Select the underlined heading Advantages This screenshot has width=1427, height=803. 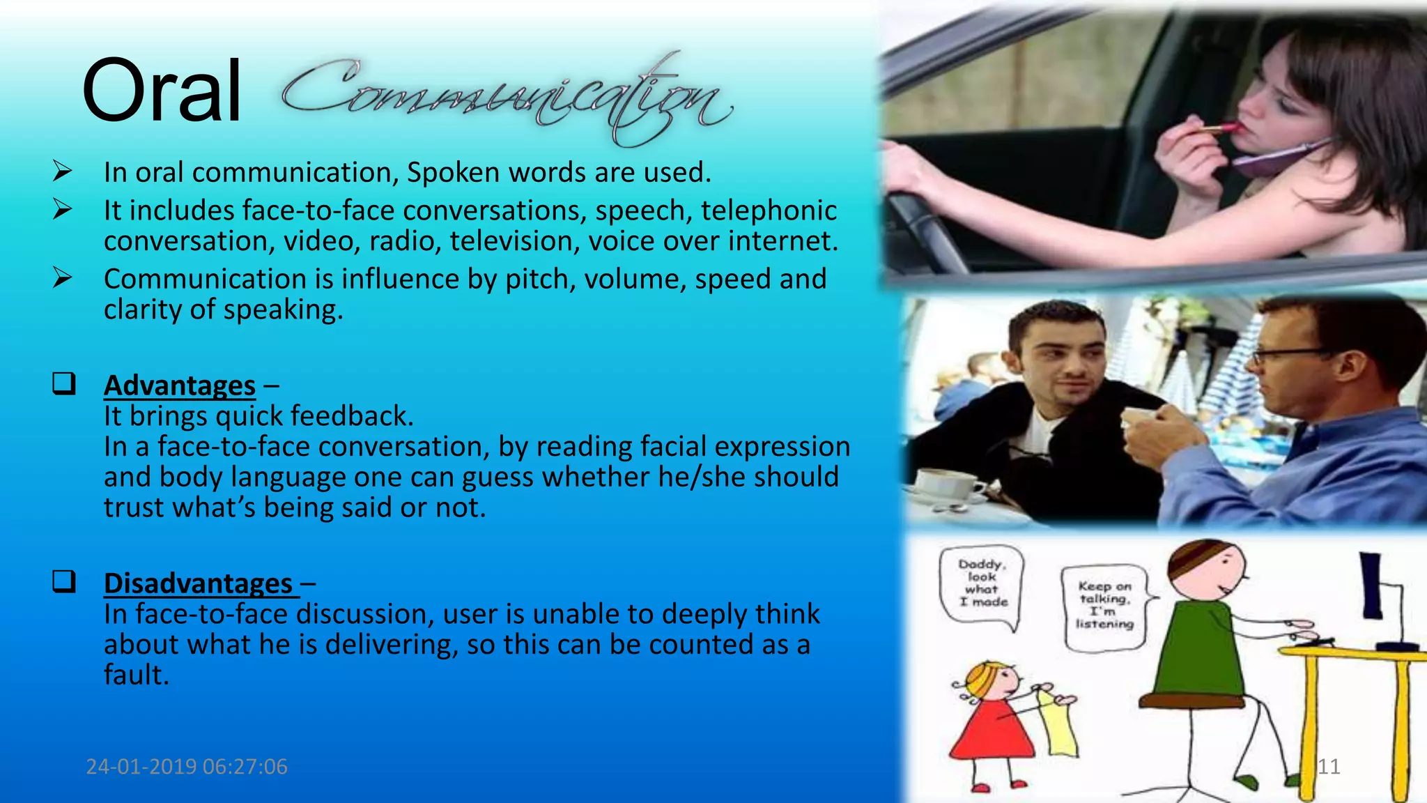pos(180,385)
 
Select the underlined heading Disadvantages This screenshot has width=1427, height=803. pos(199,583)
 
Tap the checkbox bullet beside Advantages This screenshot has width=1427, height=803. pos(64,383)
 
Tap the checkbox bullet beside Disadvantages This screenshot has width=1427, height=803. pos(64,581)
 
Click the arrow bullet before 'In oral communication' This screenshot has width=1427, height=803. pos(62,171)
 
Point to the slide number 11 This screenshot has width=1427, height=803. pos(1329,767)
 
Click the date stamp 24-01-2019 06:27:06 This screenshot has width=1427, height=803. pos(187,767)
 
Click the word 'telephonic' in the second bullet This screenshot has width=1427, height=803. pos(769,211)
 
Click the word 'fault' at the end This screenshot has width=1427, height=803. pos(135,675)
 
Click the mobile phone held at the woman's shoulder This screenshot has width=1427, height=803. pos(1279,157)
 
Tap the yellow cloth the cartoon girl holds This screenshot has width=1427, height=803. pos(1056,725)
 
